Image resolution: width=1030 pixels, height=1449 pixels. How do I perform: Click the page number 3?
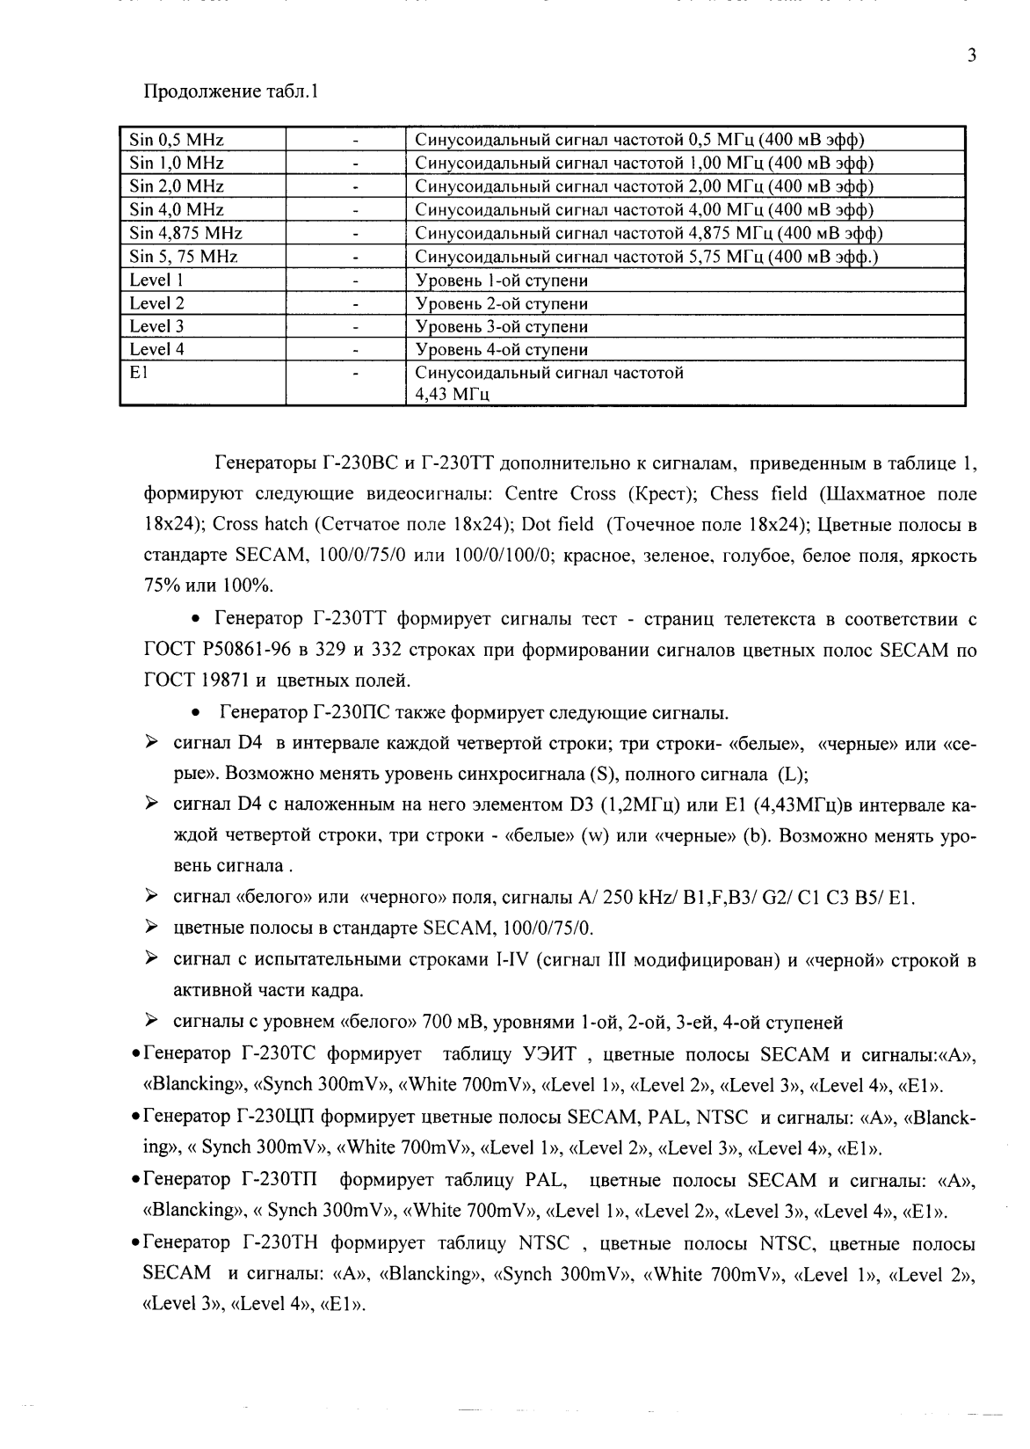(x=971, y=55)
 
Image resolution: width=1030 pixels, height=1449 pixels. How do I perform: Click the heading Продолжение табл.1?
(x=229, y=91)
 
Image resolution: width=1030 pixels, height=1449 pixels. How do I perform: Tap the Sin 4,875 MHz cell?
(x=186, y=233)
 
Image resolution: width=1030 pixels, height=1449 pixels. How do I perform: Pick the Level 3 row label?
(x=156, y=326)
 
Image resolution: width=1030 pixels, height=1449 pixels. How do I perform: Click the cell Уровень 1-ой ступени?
(x=501, y=280)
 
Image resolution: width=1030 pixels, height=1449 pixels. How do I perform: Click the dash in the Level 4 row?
(x=355, y=350)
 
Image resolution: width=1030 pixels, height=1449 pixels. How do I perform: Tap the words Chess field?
(x=758, y=493)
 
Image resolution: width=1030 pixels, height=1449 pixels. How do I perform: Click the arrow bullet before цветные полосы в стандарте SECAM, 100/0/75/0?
(x=152, y=928)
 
